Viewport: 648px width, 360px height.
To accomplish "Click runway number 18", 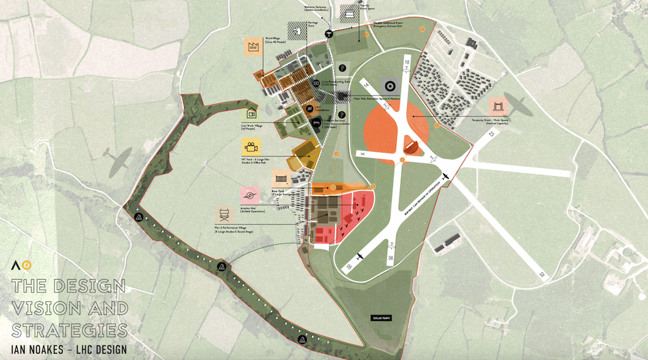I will pyautogui.click(x=406, y=61).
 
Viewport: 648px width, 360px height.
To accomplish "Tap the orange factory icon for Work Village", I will pyautogui.click(x=254, y=47).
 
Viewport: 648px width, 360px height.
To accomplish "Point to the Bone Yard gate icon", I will pyautogui.click(x=280, y=178).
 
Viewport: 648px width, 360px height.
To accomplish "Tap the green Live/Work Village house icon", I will pyautogui.click(x=252, y=114).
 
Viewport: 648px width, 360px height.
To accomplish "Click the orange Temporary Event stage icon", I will pyautogui.click(x=498, y=108).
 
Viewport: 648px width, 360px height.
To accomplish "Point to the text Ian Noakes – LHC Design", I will pyautogui.click(x=69, y=349).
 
